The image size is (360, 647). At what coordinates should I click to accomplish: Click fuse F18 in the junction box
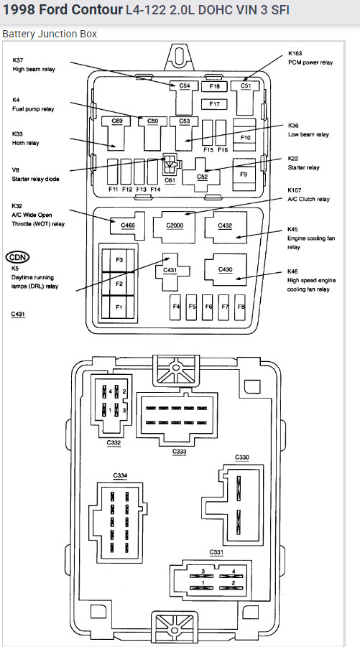pos(214,86)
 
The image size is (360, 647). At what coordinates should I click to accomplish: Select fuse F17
pos(214,104)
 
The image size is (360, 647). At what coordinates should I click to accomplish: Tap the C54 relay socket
pos(184,98)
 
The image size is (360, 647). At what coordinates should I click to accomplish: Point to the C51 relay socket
pos(245,98)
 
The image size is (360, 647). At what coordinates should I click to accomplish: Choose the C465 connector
pos(128,225)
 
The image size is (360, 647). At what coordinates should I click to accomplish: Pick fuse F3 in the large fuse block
pos(119,260)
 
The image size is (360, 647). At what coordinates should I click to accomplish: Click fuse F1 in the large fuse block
pos(119,307)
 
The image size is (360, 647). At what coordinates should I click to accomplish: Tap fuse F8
pos(240,307)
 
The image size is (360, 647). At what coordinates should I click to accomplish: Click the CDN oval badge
pos(18,258)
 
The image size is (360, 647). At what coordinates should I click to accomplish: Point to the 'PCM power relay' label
pos(310,62)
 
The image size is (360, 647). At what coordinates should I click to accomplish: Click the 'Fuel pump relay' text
pos(33,109)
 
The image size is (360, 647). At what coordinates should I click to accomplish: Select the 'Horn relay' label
pos(26,143)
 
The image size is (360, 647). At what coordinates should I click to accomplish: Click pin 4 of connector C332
pos(105,391)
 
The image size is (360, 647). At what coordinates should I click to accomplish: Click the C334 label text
pos(120,476)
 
